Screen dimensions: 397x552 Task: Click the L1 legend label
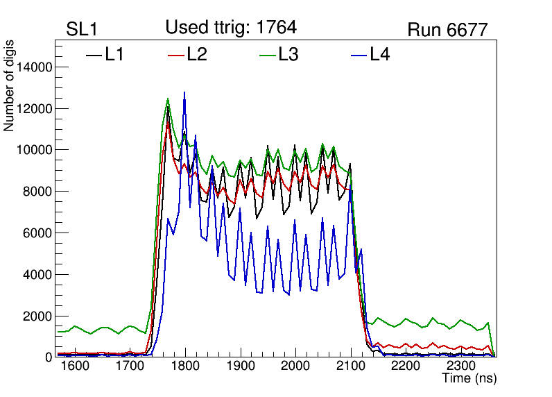[x=114, y=54]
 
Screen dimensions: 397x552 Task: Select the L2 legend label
[x=197, y=54]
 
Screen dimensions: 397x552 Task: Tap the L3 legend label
[x=288, y=54]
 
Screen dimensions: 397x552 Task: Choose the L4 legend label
[x=380, y=54]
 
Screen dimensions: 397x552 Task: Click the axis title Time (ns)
[x=469, y=379]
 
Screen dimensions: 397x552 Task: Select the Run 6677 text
[x=447, y=29]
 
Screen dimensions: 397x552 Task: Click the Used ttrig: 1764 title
[x=231, y=27]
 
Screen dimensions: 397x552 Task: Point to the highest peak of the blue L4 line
[x=184, y=92]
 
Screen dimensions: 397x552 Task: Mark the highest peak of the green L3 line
[x=168, y=99]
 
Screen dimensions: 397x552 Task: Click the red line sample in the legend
[x=177, y=54]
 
